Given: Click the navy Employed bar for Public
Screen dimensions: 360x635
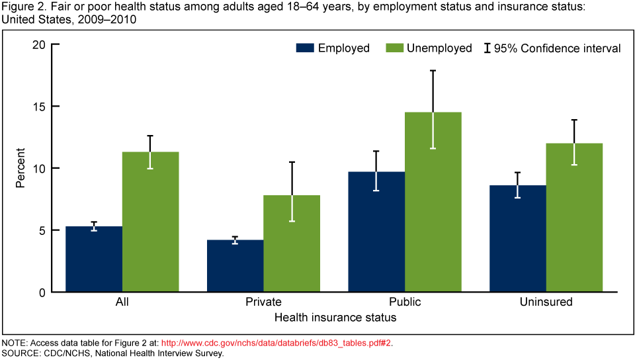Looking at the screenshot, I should (376, 232).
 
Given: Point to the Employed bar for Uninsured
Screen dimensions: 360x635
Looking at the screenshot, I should (518, 238).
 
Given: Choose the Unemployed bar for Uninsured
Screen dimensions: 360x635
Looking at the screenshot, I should (574, 218).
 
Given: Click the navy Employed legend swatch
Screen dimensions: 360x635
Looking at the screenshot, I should (304, 48).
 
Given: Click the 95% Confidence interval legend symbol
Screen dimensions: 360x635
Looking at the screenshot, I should (487, 48).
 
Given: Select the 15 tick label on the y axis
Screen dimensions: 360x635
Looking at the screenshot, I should (40, 107).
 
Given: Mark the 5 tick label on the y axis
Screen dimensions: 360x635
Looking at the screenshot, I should (43, 230).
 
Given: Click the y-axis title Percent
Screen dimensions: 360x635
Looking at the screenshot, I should (20, 168).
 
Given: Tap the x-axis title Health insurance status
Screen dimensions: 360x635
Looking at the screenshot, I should (335, 318).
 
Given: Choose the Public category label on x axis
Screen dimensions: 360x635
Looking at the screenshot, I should (404, 302).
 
